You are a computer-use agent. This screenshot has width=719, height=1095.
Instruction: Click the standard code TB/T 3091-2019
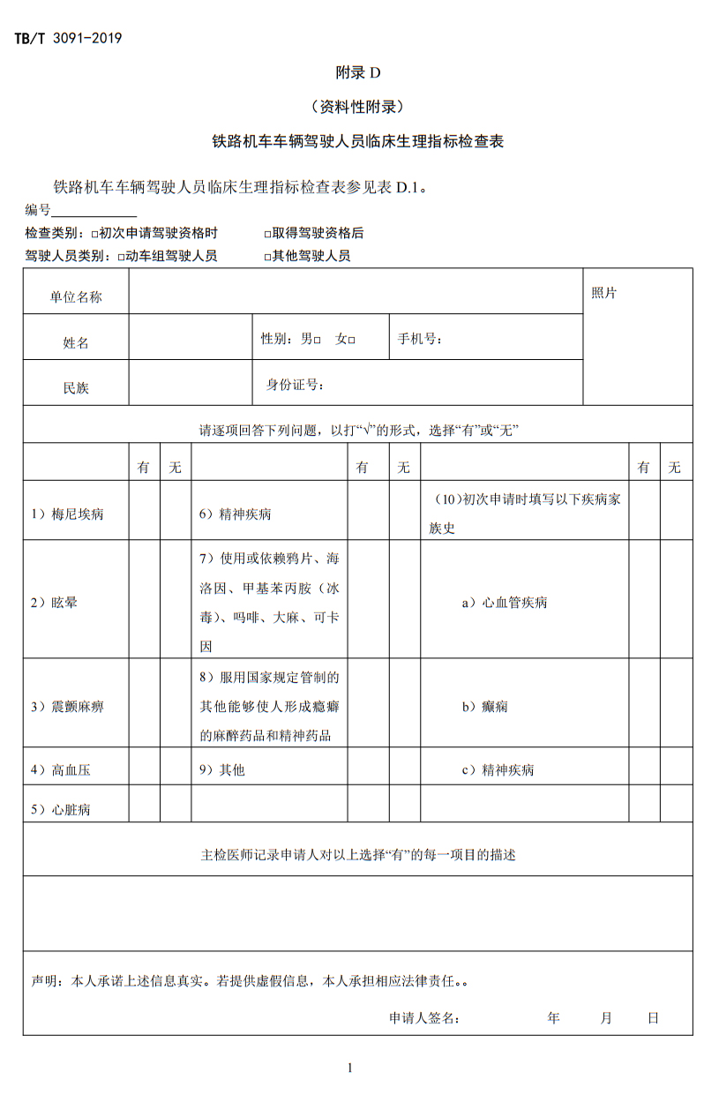click(68, 38)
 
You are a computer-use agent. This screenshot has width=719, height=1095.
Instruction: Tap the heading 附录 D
click(358, 72)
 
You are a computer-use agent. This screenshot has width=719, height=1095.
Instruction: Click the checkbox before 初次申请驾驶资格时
click(94, 235)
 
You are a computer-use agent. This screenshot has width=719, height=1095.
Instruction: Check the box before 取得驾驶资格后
click(267, 235)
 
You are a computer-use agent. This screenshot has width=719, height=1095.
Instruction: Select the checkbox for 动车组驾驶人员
click(121, 258)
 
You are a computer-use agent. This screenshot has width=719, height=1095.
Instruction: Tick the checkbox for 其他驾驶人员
click(267, 258)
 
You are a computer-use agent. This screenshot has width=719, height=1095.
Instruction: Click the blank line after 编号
click(94, 210)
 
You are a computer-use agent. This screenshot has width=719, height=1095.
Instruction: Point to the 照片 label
click(604, 293)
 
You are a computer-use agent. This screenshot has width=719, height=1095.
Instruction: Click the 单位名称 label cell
click(76, 297)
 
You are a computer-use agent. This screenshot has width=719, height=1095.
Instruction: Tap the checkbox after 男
click(318, 340)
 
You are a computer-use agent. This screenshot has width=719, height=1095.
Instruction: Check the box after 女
click(351, 340)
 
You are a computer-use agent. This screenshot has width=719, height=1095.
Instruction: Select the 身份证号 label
click(296, 385)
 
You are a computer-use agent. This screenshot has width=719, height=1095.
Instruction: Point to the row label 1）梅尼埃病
click(67, 514)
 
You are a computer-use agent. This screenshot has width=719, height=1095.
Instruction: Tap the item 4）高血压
click(61, 770)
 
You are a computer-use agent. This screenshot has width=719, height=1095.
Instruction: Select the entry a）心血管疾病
click(505, 603)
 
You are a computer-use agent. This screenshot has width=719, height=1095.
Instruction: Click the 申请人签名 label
click(424, 1018)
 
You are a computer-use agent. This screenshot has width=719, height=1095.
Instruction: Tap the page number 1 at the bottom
click(350, 1069)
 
